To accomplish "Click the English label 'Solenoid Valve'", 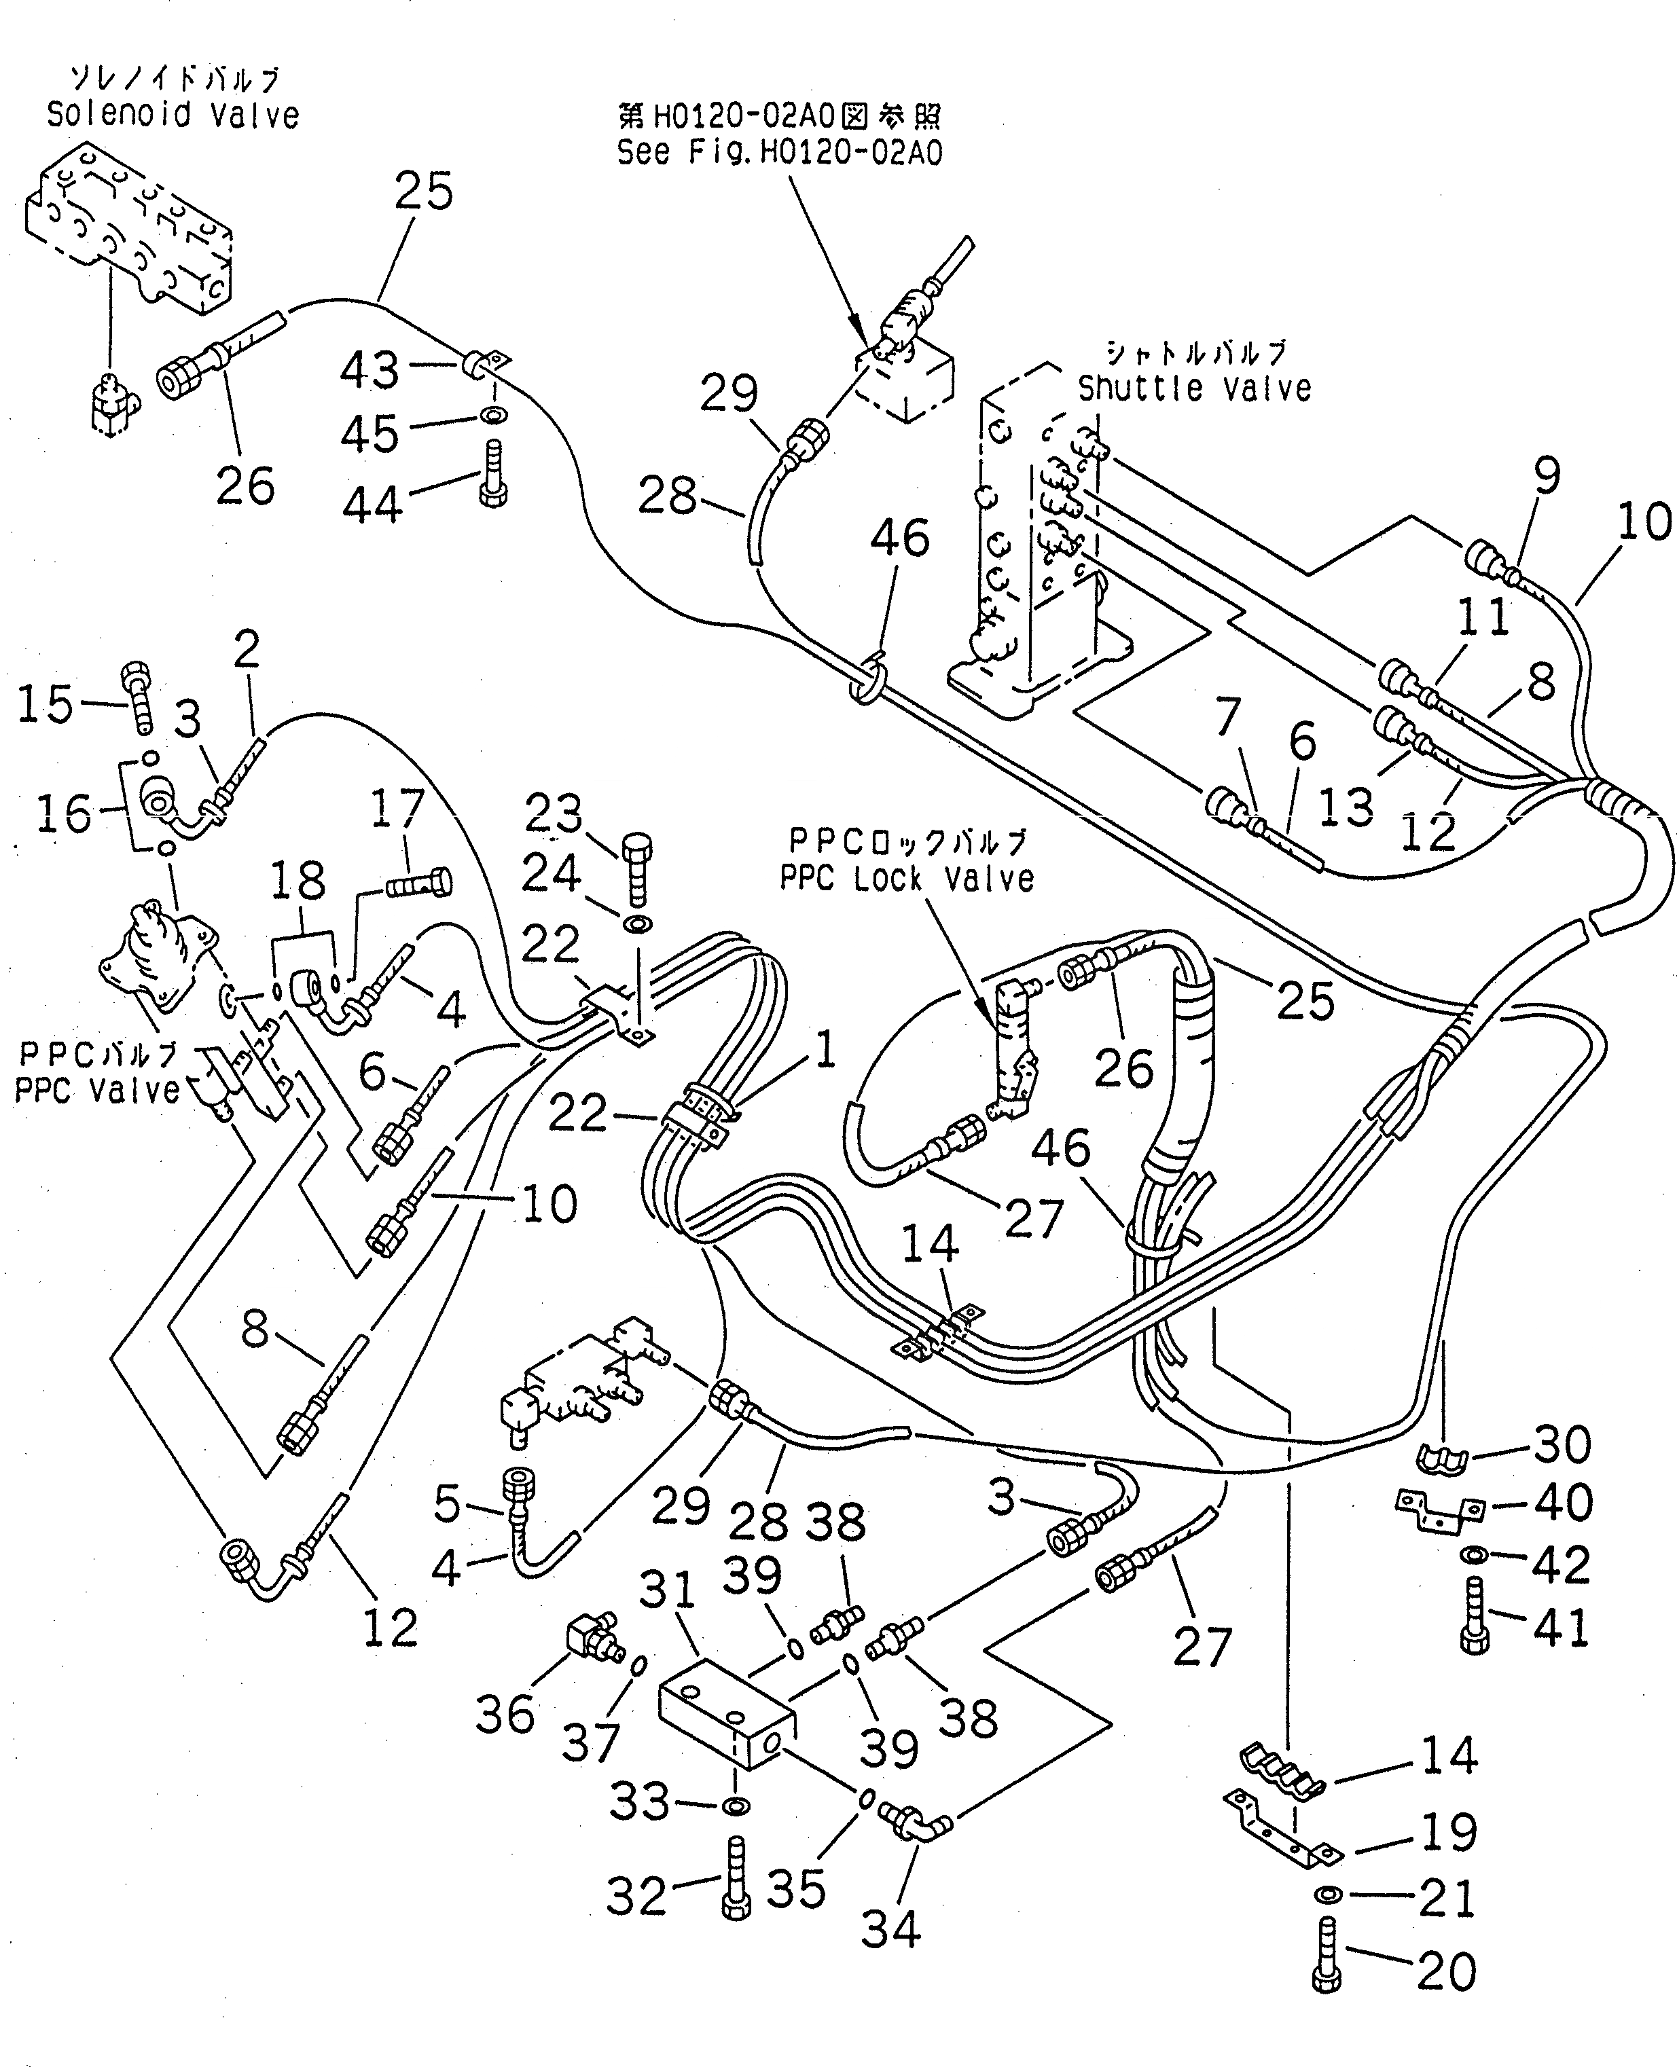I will [x=173, y=116].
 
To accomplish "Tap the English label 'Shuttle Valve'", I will [x=1194, y=389].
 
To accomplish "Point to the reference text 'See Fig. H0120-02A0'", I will [x=780, y=153].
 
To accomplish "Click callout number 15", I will [x=46, y=703].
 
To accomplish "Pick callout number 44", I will [x=372, y=505].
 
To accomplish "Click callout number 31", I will [x=668, y=1590].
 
